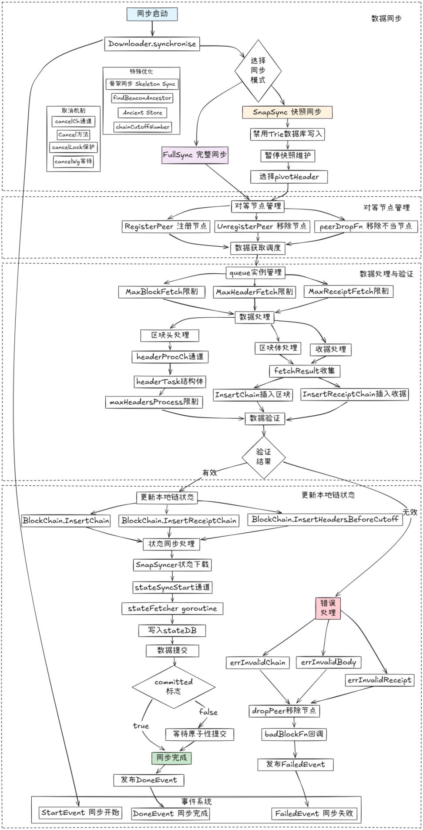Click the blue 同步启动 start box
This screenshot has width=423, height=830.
click(x=152, y=14)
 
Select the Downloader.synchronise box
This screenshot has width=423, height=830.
click(x=152, y=44)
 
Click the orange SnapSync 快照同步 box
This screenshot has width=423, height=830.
click(x=287, y=112)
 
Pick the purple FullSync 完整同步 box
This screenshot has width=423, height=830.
click(x=195, y=155)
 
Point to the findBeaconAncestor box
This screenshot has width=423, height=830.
click(x=142, y=98)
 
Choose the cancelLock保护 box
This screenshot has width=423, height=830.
click(x=73, y=148)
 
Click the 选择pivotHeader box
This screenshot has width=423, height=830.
click(x=289, y=177)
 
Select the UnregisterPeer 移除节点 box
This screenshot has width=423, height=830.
click(x=262, y=226)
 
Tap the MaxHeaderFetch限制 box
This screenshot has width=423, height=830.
click(x=255, y=292)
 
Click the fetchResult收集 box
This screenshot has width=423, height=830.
click(x=305, y=371)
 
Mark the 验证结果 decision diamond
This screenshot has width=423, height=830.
click(x=264, y=457)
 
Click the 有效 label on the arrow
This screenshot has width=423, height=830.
click(x=209, y=472)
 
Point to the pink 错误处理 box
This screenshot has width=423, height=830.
click(x=328, y=608)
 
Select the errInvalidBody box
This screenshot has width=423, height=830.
click(x=329, y=662)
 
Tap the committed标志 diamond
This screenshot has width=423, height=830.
click(x=174, y=687)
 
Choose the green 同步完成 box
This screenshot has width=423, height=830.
click(x=171, y=758)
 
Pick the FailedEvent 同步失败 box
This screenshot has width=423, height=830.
click(x=314, y=813)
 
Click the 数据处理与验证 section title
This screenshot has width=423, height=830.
click(x=386, y=274)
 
